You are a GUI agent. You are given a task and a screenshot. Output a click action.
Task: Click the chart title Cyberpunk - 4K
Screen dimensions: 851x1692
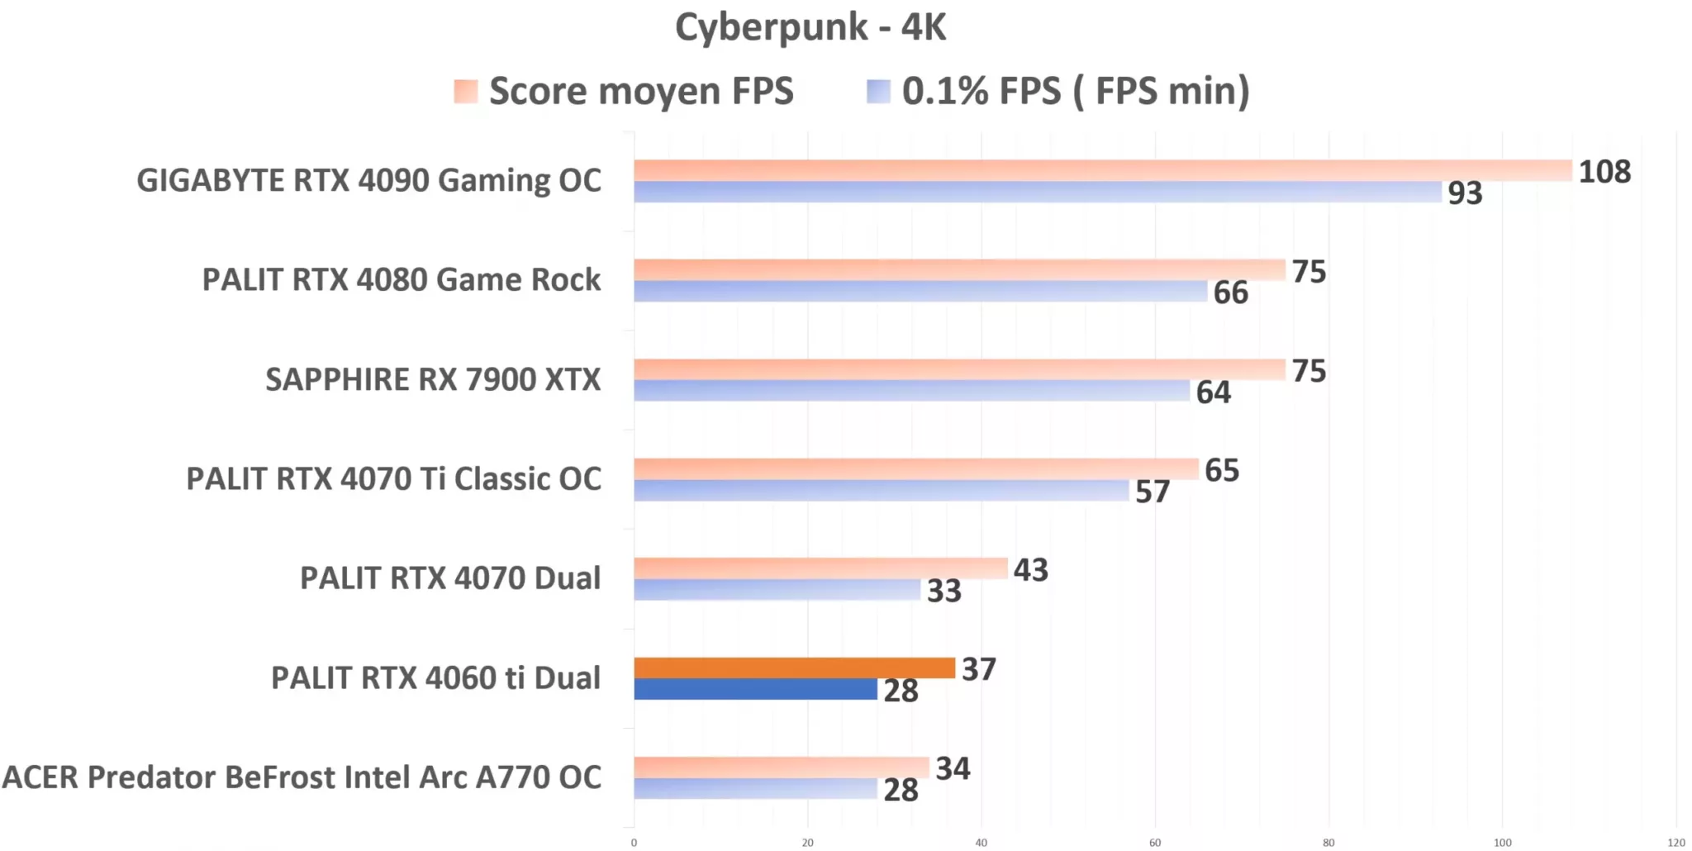click(810, 27)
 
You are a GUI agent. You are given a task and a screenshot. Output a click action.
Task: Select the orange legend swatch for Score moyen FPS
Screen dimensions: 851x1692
click(466, 91)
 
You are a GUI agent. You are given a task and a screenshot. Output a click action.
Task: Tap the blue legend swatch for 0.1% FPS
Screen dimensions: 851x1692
click(878, 91)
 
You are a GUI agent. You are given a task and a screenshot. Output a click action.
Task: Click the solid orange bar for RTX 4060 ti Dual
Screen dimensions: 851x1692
click(794, 668)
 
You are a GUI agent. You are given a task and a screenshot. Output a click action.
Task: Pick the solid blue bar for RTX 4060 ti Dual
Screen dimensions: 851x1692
click(755, 689)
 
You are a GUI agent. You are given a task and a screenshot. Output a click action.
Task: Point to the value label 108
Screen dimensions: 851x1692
click(1604, 172)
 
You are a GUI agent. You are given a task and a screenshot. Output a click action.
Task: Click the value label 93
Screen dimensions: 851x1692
click(1465, 193)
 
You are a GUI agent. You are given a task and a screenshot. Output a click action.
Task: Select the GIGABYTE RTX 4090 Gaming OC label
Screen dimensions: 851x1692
click(368, 181)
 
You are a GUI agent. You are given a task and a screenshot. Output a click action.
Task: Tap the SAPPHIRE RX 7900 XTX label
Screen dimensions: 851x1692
click(433, 380)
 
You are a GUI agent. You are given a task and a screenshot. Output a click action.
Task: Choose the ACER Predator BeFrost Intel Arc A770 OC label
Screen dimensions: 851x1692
click(302, 777)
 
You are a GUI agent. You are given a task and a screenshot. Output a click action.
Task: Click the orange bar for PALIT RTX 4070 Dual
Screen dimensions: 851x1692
click(820, 568)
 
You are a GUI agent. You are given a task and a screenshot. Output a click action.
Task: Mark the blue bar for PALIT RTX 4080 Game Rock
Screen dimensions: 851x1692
click(920, 291)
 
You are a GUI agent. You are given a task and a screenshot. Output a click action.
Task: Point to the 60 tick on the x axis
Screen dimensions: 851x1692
click(1155, 843)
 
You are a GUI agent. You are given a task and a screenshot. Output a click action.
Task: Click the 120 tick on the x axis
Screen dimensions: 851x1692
click(1675, 843)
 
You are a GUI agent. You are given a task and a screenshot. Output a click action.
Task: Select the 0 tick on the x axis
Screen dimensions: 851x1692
click(634, 843)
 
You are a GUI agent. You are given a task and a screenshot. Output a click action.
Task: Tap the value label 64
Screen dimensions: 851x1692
click(1213, 392)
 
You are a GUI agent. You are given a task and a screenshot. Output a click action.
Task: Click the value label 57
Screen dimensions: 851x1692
click(1152, 492)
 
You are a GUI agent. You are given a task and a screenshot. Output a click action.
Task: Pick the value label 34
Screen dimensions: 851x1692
click(953, 769)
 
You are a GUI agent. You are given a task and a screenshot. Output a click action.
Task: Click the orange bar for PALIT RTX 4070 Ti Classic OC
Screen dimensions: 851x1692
click(915, 468)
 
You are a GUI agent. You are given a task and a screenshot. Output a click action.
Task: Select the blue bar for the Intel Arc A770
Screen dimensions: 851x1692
click(755, 788)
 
